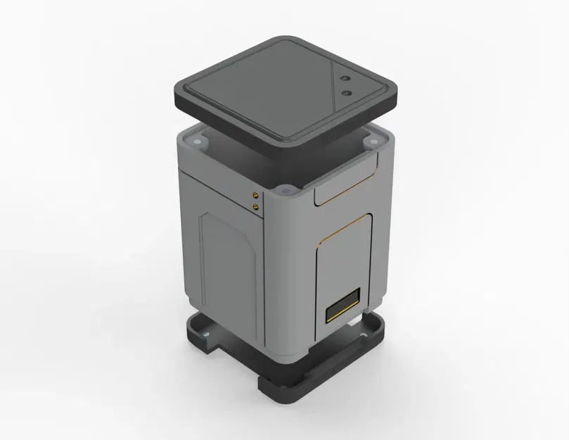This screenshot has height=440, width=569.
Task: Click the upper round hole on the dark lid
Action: [346, 79]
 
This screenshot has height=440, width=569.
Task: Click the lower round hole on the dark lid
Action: [345, 92]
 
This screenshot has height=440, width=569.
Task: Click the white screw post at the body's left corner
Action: [199, 142]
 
